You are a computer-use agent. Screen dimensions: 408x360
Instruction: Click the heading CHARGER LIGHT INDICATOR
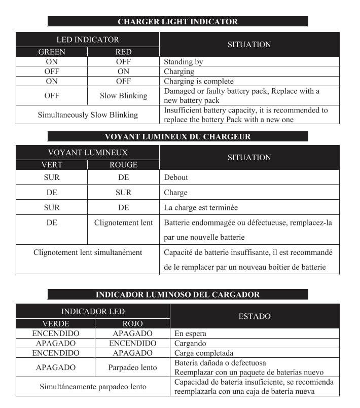pyautogui.click(x=177, y=22)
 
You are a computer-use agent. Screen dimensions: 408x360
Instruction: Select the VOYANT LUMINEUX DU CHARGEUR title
pyautogui.click(x=177, y=137)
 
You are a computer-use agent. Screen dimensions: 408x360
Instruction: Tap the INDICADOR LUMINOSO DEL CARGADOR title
pyautogui.click(x=177, y=294)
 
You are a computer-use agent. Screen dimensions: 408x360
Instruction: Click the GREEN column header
pyautogui.click(x=52, y=52)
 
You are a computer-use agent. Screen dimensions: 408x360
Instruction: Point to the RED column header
pyautogui.click(x=123, y=52)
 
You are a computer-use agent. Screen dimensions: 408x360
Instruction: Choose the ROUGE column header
pyautogui.click(x=123, y=165)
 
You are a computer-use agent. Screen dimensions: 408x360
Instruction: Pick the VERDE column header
pyautogui.click(x=55, y=323)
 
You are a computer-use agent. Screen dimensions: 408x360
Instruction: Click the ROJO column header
pyautogui.click(x=132, y=323)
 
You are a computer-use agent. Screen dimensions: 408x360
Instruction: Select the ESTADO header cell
pyautogui.click(x=255, y=316)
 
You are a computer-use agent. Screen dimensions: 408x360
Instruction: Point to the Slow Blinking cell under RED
pyautogui.click(x=123, y=96)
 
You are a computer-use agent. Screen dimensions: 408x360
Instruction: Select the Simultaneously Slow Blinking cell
pyautogui.click(x=88, y=115)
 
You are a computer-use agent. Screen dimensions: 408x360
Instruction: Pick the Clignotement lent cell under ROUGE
pyautogui.click(x=123, y=222)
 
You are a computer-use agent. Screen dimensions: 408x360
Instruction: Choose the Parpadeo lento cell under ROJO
pyautogui.click(x=132, y=367)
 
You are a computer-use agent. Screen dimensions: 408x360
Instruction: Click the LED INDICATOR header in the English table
pyautogui.click(x=88, y=40)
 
